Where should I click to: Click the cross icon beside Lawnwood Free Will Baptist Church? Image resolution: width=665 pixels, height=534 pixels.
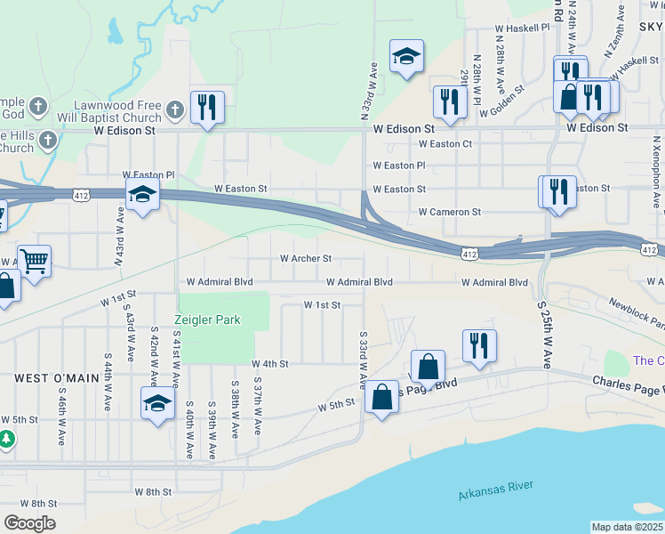pos(175,109)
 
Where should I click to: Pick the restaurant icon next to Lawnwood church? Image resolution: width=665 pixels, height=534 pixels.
pos(207,108)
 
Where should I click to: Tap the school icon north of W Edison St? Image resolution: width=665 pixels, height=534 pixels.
pos(406,57)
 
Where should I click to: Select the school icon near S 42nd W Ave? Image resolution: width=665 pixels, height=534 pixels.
pos(157,402)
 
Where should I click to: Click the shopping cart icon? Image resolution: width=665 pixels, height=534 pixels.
pos(34,262)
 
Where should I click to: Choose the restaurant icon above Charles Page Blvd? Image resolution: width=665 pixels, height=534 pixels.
pos(479,345)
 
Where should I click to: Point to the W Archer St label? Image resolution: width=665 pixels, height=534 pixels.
pos(306,259)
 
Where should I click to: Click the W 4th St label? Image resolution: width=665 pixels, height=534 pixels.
pos(272,364)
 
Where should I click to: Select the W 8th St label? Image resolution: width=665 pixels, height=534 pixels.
pos(152,491)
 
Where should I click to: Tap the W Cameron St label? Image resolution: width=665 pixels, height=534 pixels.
pos(450,213)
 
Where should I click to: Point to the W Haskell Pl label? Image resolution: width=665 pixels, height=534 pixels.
pos(523,28)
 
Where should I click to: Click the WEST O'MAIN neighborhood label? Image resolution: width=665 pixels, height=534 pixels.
pos(57,378)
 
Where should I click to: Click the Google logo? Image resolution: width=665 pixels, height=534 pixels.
pos(29,523)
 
